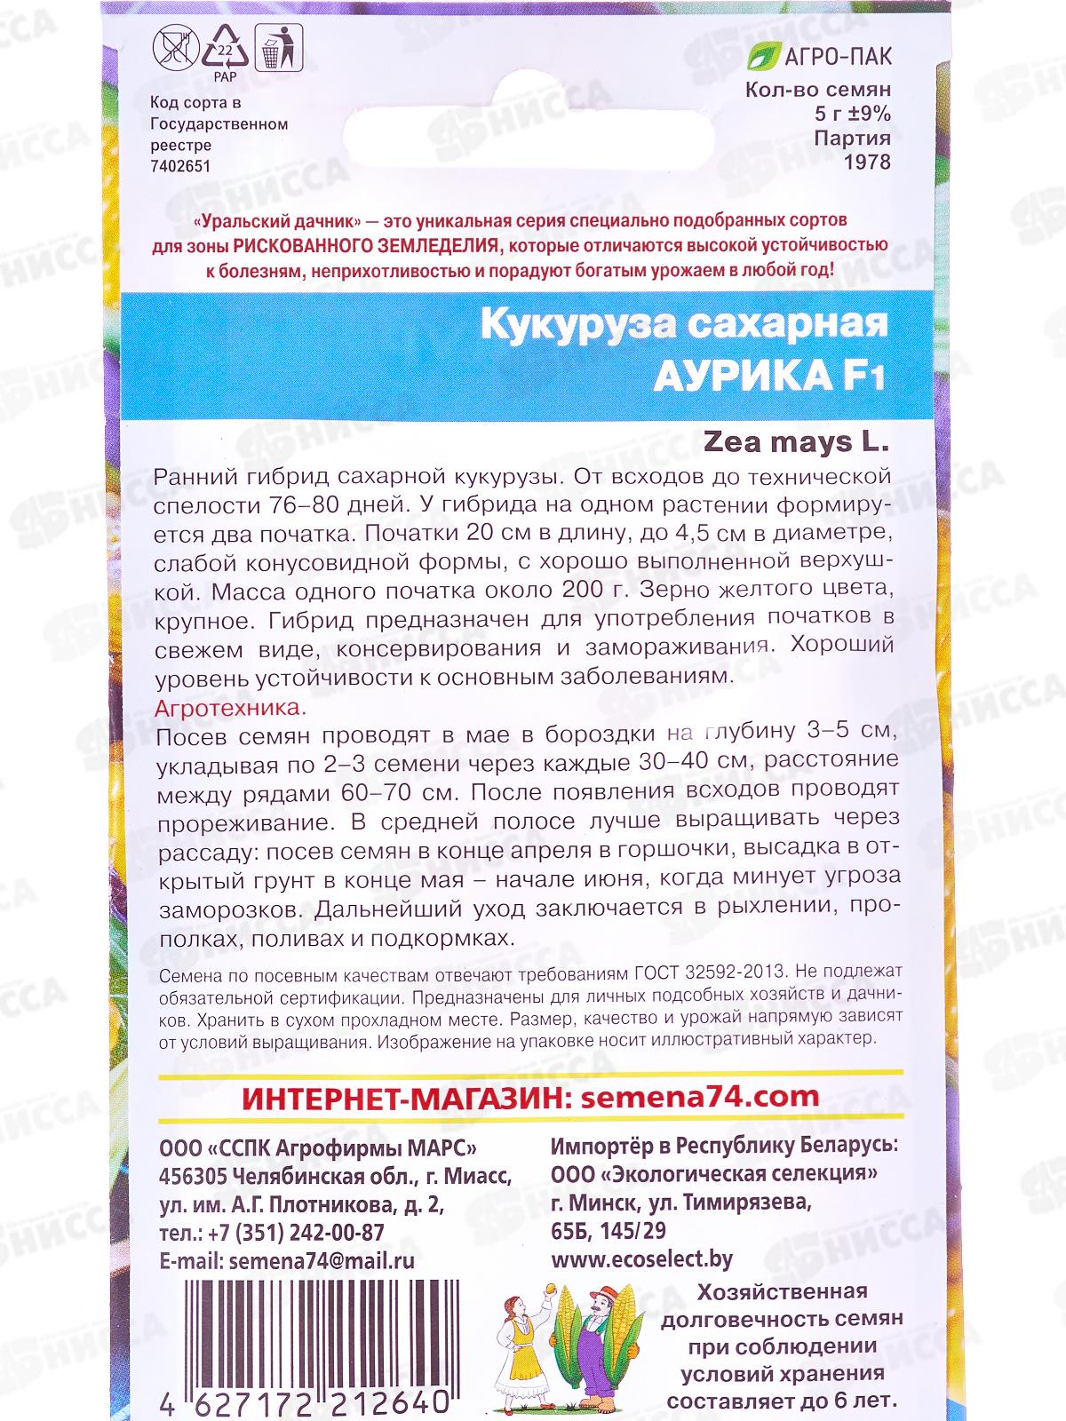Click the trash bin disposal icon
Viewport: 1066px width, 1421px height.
(279, 48)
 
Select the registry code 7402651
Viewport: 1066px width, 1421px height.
(182, 165)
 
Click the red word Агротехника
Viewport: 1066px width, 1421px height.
(230, 709)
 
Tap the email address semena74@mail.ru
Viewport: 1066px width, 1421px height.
(322, 1261)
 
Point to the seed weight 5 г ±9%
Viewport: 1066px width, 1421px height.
(852, 114)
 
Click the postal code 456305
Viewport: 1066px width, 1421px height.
(192, 1176)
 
